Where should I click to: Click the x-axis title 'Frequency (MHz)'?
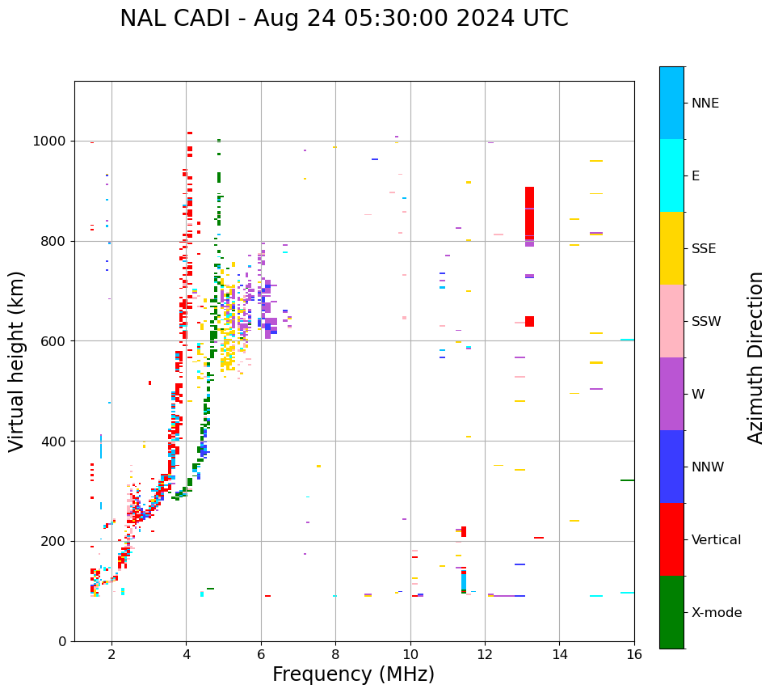coord(353,674)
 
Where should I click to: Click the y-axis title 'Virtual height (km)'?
coord(17,361)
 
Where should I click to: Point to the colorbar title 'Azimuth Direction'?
coord(755,357)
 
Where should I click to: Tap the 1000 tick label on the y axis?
coord(49,142)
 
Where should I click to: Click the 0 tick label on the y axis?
coord(62,641)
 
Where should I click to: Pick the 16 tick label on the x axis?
coord(634,654)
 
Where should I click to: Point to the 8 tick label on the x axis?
coord(335,654)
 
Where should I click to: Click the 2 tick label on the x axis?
coord(111,654)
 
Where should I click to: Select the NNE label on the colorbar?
coord(705,104)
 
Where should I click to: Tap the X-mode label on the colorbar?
coord(717,613)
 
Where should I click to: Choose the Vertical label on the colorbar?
coord(716,540)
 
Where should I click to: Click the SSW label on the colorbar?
coord(706,322)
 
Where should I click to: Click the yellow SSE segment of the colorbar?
coord(671,248)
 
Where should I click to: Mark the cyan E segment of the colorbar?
coord(671,175)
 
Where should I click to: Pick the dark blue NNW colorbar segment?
coord(671,467)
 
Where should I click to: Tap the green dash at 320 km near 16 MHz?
coord(627,480)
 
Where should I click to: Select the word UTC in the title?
coord(542,19)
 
